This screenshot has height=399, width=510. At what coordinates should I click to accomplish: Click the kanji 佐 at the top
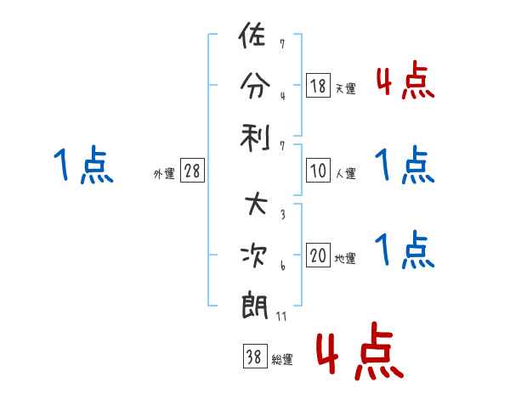[x=252, y=35]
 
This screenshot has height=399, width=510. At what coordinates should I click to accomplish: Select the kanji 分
[x=255, y=86]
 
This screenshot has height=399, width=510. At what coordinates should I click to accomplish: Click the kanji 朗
[x=255, y=306]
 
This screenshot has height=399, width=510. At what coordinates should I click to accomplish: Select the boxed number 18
[x=318, y=85]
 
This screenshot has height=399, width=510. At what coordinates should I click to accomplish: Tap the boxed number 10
[x=318, y=170]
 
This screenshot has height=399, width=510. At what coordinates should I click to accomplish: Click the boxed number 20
[x=318, y=255]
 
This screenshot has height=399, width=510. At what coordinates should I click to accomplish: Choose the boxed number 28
[x=192, y=170]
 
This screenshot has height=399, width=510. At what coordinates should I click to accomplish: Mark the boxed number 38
[x=255, y=356]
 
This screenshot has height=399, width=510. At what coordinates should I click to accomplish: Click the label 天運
[x=345, y=88]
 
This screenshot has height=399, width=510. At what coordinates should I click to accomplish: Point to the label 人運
[x=345, y=173]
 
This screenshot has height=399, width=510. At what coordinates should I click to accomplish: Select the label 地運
[x=345, y=258]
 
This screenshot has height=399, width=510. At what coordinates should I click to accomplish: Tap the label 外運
[x=164, y=173]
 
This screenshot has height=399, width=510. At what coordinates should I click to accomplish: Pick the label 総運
[x=282, y=359]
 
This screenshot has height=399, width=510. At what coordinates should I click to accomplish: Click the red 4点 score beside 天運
[x=405, y=80]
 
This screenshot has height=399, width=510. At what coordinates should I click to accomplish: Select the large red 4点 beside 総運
[x=360, y=351]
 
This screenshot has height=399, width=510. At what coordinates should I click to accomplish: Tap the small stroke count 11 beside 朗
[x=281, y=316]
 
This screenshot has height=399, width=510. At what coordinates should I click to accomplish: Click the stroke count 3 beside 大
[x=283, y=214]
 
